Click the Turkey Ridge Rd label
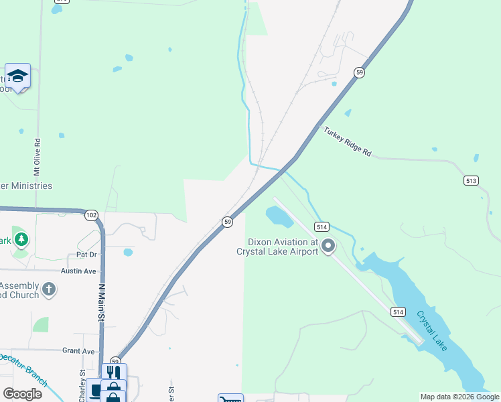[x=348, y=141]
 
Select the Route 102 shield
[x=91, y=215]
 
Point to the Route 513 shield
[x=471, y=180]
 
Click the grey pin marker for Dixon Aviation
[x=328, y=247]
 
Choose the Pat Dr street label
[x=87, y=255]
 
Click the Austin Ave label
[x=79, y=271]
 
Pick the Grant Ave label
[x=78, y=350]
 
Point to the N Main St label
[x=102, y=303]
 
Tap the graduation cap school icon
[x=18, y=76]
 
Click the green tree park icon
[x=21, y=239]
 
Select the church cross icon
[x=48, y=289]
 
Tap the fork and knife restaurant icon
[x=114, y=372]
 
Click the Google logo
[x=22, y=394]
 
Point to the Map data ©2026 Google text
[x=459, y=397]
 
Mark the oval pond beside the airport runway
[x=279, y=216]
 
